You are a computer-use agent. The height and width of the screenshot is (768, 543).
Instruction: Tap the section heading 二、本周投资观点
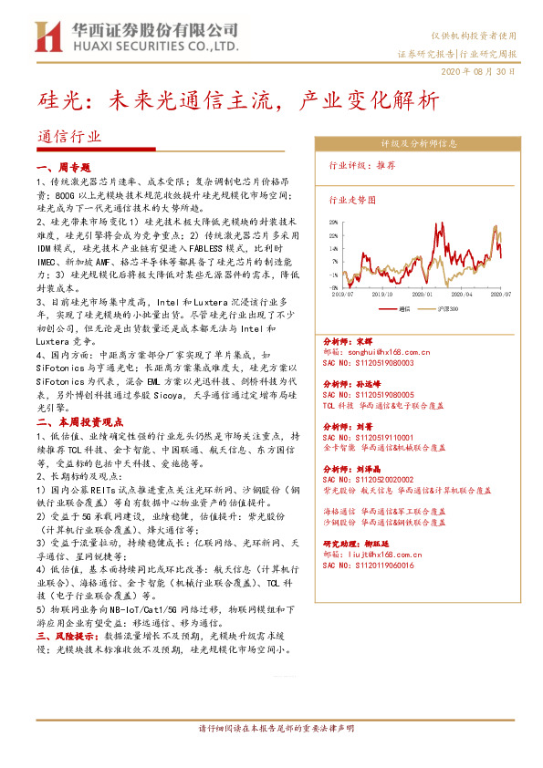pos(79,422)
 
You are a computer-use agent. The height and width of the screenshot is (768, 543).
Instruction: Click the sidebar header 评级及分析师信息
pos(419,143)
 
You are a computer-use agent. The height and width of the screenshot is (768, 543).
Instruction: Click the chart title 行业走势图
pos(351,198)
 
